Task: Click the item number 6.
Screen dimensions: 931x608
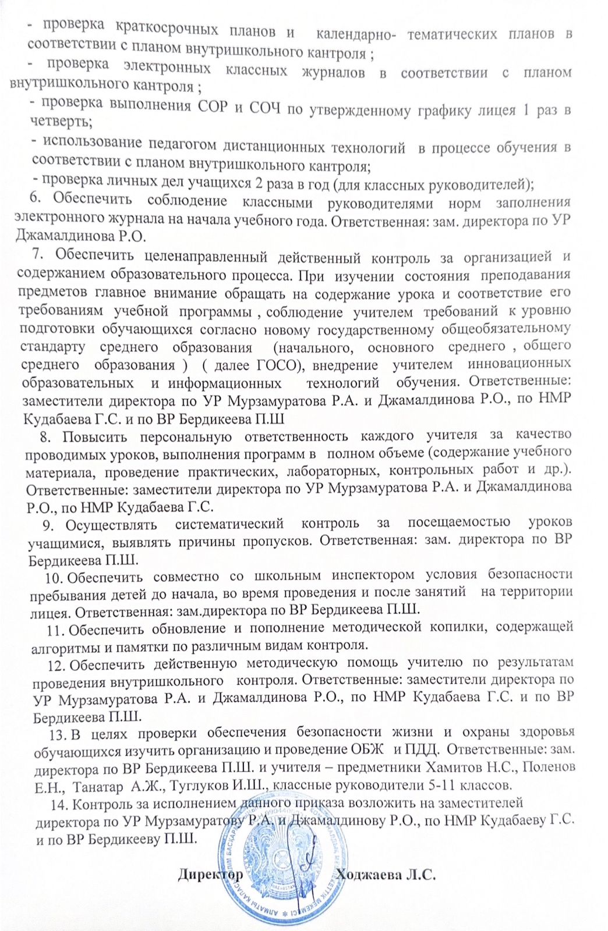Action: [x=34, y=198]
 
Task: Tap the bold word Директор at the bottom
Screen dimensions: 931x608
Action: [x=210, y=875]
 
